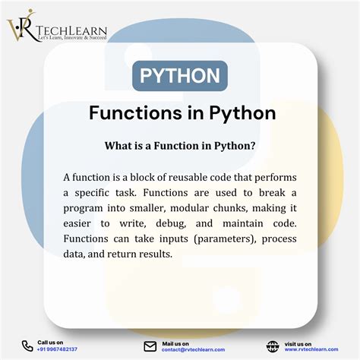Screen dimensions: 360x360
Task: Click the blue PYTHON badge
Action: point(180,76)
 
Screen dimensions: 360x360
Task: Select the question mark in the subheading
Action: point(254,145)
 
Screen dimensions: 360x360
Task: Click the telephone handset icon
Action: point(27,346)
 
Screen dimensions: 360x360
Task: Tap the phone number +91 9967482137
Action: point(57,349)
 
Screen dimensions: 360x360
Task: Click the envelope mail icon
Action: point(150,346)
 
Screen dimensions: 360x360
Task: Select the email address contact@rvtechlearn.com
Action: point(193,349)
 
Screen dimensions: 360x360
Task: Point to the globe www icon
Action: point(273,346)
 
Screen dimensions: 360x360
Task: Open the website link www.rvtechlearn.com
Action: point(311,349)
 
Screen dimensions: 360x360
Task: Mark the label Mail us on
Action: point(175,343)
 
